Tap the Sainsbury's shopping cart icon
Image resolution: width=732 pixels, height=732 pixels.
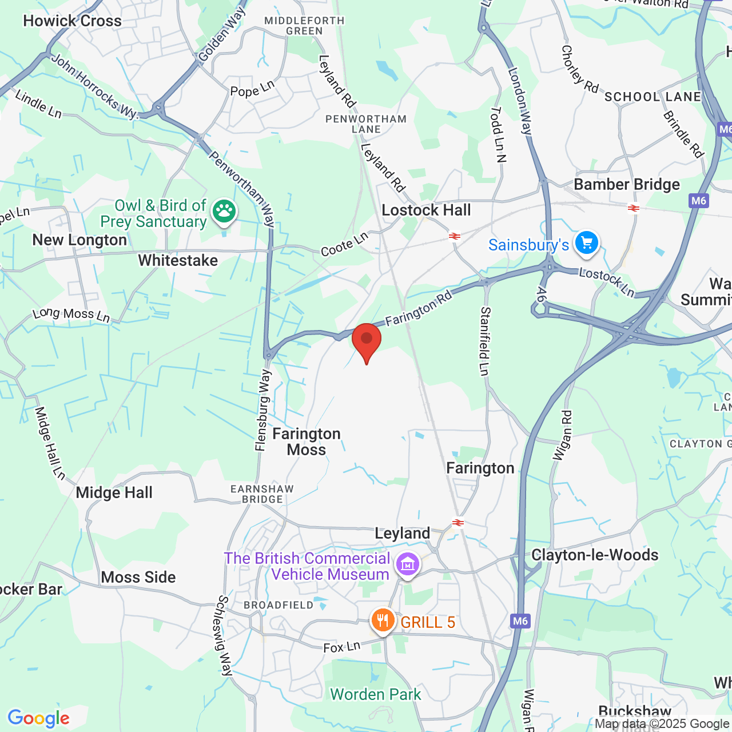587,243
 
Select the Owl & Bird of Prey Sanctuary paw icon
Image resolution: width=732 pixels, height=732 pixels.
224,212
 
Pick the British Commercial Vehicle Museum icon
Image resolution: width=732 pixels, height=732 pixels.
408,565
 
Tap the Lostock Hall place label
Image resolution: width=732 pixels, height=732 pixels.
426,210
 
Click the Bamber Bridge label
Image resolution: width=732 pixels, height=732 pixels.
627,184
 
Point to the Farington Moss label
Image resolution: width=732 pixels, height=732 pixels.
307,441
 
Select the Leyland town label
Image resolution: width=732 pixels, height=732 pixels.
403,533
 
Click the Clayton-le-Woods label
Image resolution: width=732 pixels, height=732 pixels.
595,555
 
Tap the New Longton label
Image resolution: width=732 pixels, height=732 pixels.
79,240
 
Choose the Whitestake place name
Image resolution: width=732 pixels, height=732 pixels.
178,260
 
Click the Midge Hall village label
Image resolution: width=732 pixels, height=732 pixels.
114,492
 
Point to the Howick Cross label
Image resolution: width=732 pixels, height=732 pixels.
73,21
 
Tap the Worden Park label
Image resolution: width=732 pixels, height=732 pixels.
376,694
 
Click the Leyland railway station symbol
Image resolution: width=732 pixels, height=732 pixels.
457,522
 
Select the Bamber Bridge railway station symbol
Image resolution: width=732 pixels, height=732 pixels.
633,208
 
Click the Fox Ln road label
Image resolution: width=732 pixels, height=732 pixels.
342,647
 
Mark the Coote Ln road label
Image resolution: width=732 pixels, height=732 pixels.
344,244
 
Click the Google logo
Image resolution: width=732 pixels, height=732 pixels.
39,718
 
